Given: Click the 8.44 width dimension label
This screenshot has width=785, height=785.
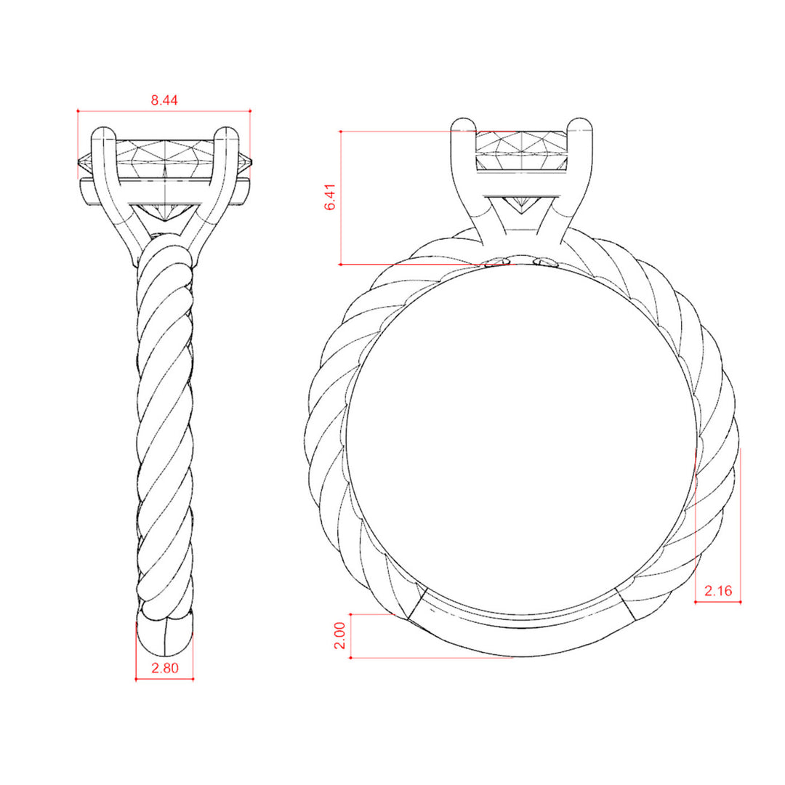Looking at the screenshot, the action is coord(164,100).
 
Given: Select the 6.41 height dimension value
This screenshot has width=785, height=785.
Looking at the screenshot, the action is coord(330,197).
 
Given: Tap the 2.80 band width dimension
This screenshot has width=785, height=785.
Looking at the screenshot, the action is coord(165,668).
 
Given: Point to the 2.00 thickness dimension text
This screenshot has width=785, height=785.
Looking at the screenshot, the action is coord(340,635).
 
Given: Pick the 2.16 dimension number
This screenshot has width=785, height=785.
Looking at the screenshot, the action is coord(718,591).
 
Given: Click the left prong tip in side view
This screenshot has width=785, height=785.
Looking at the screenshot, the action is coord(103,129).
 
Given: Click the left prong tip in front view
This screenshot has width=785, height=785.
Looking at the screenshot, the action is coord(463,120).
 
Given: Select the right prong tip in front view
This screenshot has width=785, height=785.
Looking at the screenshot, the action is coord(580,120).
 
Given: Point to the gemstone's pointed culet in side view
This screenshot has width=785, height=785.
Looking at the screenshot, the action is coord(165,220).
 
